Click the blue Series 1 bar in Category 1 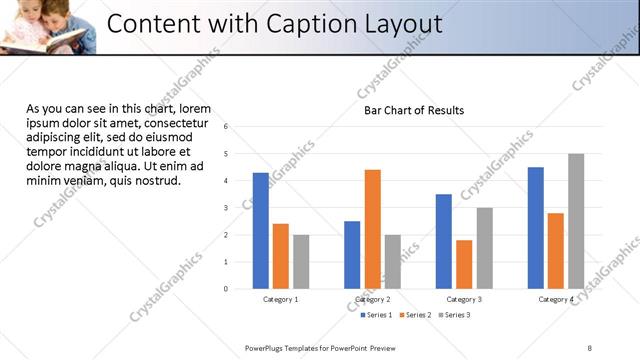(x=261, y=231)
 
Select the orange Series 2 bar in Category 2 (x=372, y=229)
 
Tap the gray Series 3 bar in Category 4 (x=576, y=221)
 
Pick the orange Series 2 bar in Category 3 (x=464, y=264)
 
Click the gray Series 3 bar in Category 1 (x=301, y=262)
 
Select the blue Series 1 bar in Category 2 (x=352, y=255)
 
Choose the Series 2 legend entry (x=418, y=315)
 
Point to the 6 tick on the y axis (x=227, y=127)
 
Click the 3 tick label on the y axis (x=227, y=208)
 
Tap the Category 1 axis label (x=281, y=299)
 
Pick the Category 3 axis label (x=464, y=299)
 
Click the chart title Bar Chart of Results (x=413, y=110)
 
